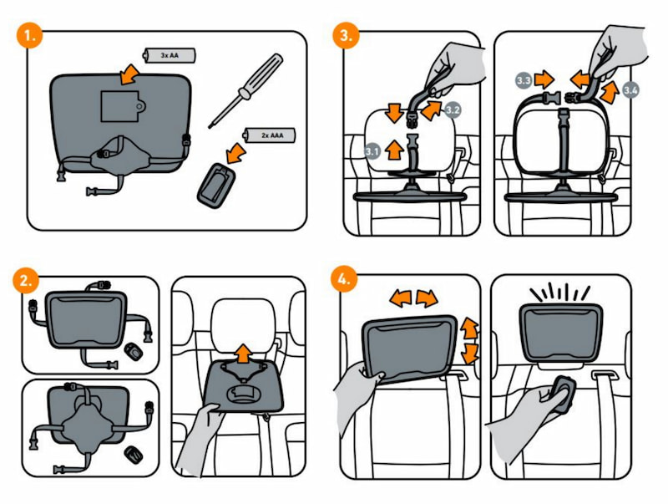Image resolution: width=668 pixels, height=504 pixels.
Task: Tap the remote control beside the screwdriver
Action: [x=219, y=183]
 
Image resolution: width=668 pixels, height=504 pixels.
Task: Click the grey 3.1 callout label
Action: [x=372, y=152]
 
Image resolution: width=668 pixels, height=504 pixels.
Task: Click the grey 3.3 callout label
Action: [x=524, y=81]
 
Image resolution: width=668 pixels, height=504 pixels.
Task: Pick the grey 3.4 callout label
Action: [x=632, y=88]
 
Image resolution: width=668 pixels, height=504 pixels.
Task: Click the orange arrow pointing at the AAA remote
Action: [x=236, y=152]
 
